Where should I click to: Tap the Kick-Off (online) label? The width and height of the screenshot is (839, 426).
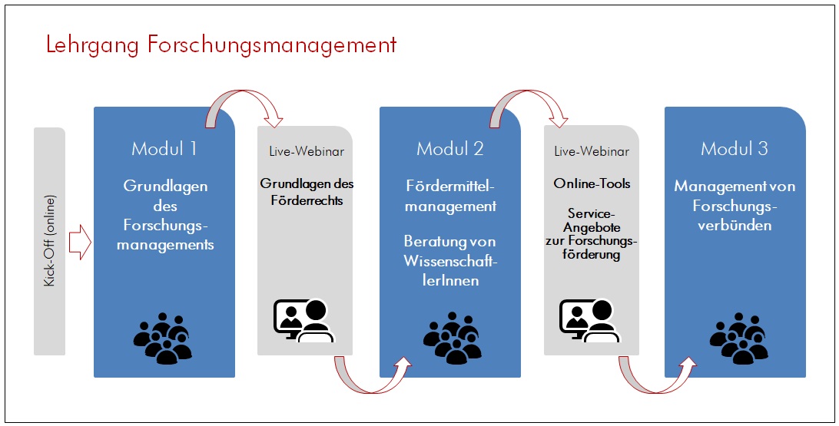point(49,240)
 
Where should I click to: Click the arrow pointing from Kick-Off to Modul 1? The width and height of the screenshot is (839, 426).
point(80,242)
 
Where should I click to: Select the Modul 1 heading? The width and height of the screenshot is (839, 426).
point(164,148)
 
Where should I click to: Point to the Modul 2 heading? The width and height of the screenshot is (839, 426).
point(450,148)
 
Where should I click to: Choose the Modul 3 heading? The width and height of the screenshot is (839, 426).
point(735,148)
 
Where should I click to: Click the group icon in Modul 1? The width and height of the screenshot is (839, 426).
point(163,338)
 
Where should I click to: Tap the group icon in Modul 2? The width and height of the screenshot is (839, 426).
point(453,338)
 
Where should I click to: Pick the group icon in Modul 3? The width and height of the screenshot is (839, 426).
point(739,338)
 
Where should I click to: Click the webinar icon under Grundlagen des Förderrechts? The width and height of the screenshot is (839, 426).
point(304,320)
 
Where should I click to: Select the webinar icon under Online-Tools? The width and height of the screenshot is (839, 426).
point(589,320)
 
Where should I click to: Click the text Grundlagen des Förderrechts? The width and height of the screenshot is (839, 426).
point(307,192)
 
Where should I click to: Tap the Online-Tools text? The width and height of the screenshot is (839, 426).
point(592,183)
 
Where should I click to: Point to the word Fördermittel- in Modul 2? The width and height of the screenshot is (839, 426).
point(450,187)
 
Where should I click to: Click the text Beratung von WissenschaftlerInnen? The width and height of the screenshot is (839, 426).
point(450,261)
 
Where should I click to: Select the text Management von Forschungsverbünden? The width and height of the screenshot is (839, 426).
point(735,205)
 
